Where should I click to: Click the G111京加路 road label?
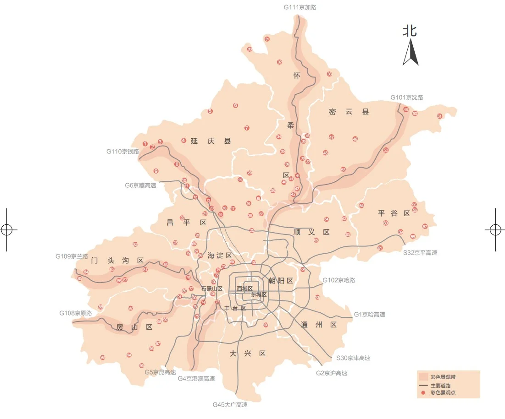(300, 7)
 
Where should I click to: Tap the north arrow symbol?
(410, 53)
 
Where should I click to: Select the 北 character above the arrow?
(410, 31)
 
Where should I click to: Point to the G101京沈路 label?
(406, 98)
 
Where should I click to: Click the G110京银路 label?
(122, 151)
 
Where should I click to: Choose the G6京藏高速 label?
(140, 185)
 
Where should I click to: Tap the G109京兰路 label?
(72, 256)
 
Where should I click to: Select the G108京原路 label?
(75, 313)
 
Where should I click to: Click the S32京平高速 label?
(420, 252)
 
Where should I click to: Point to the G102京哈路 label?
(339, 280)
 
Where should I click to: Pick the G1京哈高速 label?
(369, 315)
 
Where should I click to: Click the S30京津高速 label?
(353, 358)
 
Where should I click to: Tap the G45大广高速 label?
(230, 405)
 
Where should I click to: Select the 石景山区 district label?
(211, 288)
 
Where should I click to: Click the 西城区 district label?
(244, 288)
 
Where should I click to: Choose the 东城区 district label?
(259, 294)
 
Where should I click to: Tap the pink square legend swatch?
(423, 376)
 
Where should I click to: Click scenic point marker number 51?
(439, 116)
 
